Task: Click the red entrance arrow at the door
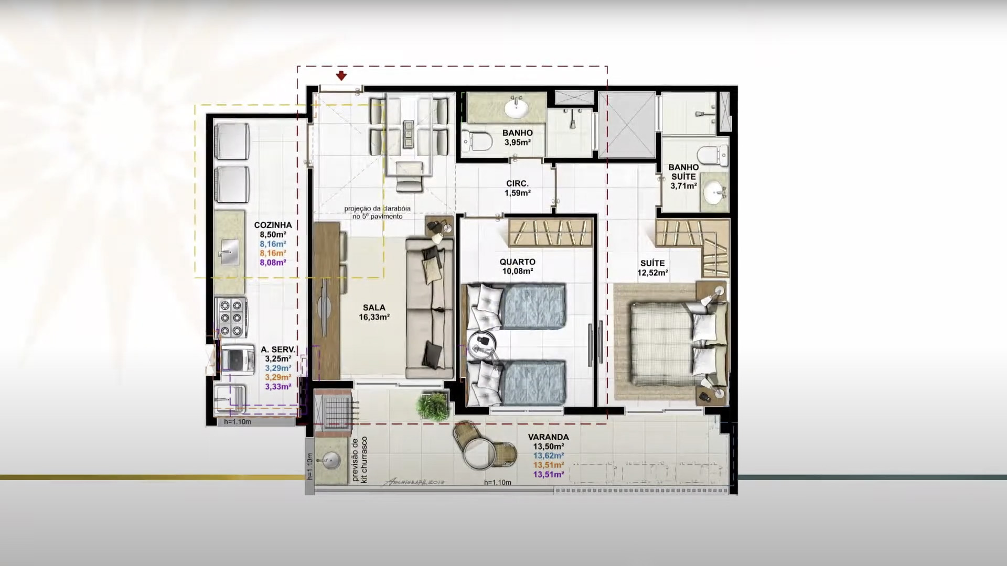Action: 341,76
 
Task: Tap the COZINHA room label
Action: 273,225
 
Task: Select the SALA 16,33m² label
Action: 374,312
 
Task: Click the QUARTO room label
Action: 517,262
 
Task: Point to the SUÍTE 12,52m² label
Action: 652,268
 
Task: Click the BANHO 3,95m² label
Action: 517,137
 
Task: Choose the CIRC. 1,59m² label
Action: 517,188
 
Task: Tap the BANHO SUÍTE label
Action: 683,172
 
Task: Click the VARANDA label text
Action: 548,437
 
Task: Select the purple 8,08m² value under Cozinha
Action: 273,263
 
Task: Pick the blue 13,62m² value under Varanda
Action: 549,456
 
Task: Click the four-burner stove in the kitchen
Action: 231,318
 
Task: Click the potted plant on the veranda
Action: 433,405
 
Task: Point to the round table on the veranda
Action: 478,454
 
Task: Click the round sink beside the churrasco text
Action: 331,461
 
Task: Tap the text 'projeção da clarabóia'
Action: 377,209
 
